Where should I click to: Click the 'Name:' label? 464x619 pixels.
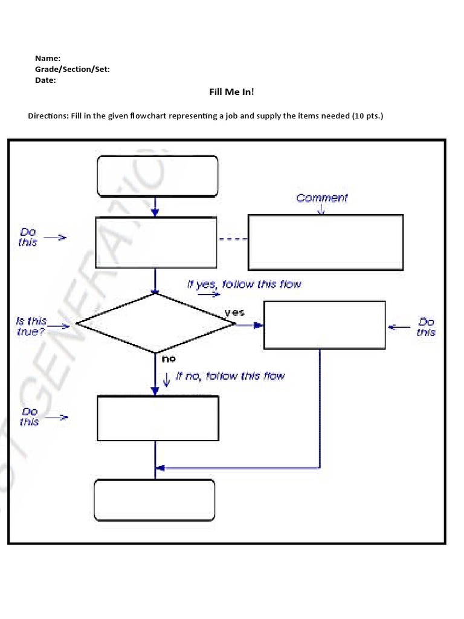(47, 58)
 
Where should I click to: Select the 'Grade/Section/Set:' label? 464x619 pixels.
(72, 69)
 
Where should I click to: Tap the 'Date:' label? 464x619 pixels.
(45, 80)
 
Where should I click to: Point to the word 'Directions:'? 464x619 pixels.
(48, 115)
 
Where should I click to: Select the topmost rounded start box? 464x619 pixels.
(157, 176)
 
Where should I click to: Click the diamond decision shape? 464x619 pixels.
(156, 323)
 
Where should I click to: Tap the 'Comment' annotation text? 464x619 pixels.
(322, 198)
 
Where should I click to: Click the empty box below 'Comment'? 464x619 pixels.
(326, 242)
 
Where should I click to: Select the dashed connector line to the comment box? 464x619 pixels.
(233, 239)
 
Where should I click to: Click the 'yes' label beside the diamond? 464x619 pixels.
(234, 313)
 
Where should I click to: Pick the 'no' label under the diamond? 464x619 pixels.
(168, 358)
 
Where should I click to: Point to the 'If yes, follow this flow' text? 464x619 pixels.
(244, 284)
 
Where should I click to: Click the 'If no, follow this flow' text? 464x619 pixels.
(230, 376)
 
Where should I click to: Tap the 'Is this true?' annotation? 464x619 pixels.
(31, 326)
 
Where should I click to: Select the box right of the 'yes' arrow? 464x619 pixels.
(324, 325)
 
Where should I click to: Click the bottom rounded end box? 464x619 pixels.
(155, 500)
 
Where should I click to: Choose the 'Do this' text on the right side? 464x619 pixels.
(426, 327)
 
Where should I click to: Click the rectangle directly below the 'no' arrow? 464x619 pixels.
(157, 418)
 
